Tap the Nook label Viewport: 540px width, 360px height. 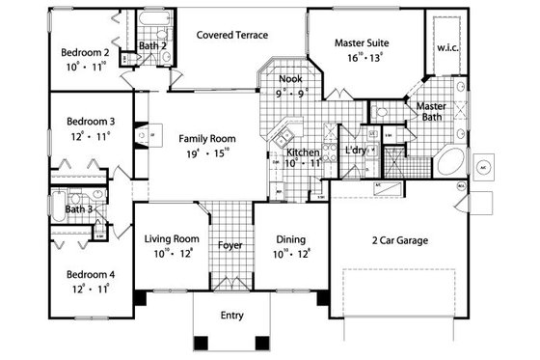click(x=290, y=78)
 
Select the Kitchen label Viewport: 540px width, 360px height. click(x=303, y=152)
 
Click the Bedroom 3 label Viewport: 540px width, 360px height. click(x=88, y=122)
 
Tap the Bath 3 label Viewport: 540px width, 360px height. click(x=78, y=208)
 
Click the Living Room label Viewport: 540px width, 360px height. click(x=172, y=238)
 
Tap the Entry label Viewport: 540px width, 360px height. click(x=231, y=315)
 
